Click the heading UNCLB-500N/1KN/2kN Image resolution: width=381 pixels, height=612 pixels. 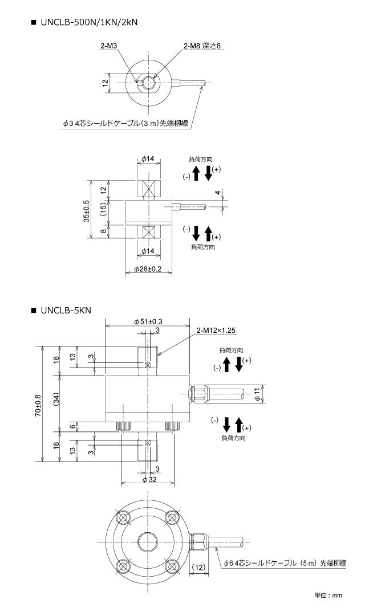[x=89, y=22]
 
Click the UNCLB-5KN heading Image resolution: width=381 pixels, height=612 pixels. [x=66, y=311]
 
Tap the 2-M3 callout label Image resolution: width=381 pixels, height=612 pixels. [x=108, y=46]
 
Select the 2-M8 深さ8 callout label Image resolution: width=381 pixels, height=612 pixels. [x=202, y=46]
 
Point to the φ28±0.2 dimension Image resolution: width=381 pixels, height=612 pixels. [x=148, y=269]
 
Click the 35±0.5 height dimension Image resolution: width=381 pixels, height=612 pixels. [x=86, y=211]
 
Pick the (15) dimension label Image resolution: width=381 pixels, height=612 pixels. [x=103, y=210]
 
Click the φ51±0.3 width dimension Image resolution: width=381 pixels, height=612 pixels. [x=148, y=321]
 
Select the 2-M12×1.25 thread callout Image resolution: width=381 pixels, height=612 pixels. [x=216, y=331]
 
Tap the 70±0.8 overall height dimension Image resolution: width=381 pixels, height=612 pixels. [x=38, y=405]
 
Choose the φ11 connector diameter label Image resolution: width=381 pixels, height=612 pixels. [x=257, y=394]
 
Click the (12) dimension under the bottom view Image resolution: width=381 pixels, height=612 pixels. [x=199, y=567]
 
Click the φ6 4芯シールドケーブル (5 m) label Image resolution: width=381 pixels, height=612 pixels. [x=285, y=563]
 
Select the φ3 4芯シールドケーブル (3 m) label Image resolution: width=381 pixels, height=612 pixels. [x=126, y=124]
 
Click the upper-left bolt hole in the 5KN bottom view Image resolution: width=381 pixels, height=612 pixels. [x=124, y=517]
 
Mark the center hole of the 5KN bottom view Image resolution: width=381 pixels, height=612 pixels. [x=148, y=542]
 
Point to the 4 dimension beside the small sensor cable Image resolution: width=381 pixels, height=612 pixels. [x=218, y=193]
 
